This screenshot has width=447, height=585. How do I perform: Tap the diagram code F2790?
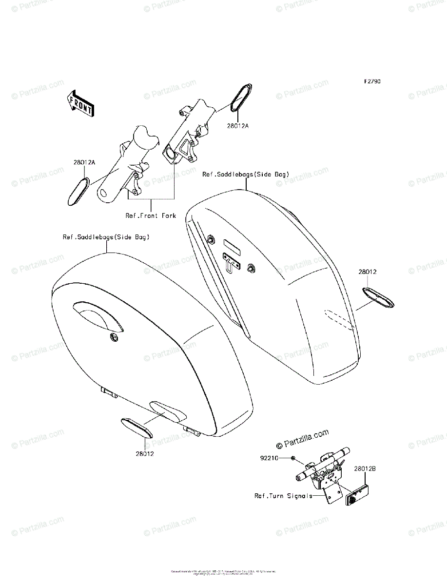click(371, 82)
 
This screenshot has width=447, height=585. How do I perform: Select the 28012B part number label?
click(366, 469)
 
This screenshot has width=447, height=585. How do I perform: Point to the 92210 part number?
click(269, 458)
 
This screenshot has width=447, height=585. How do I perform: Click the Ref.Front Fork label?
click(151, 215)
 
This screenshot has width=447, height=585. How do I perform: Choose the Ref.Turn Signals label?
click(283, 496)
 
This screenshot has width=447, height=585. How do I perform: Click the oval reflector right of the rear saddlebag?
click(378, 297)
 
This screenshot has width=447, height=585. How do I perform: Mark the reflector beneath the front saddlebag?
click(136, 427)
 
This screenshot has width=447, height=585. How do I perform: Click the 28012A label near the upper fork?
click(237, 126)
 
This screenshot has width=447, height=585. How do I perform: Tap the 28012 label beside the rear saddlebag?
click(368, 272)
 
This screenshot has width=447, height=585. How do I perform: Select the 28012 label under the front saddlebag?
click(145, 453)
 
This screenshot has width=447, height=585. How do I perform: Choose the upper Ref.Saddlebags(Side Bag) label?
click(246, 174)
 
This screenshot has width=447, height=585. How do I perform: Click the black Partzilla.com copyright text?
click(302, 438)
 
